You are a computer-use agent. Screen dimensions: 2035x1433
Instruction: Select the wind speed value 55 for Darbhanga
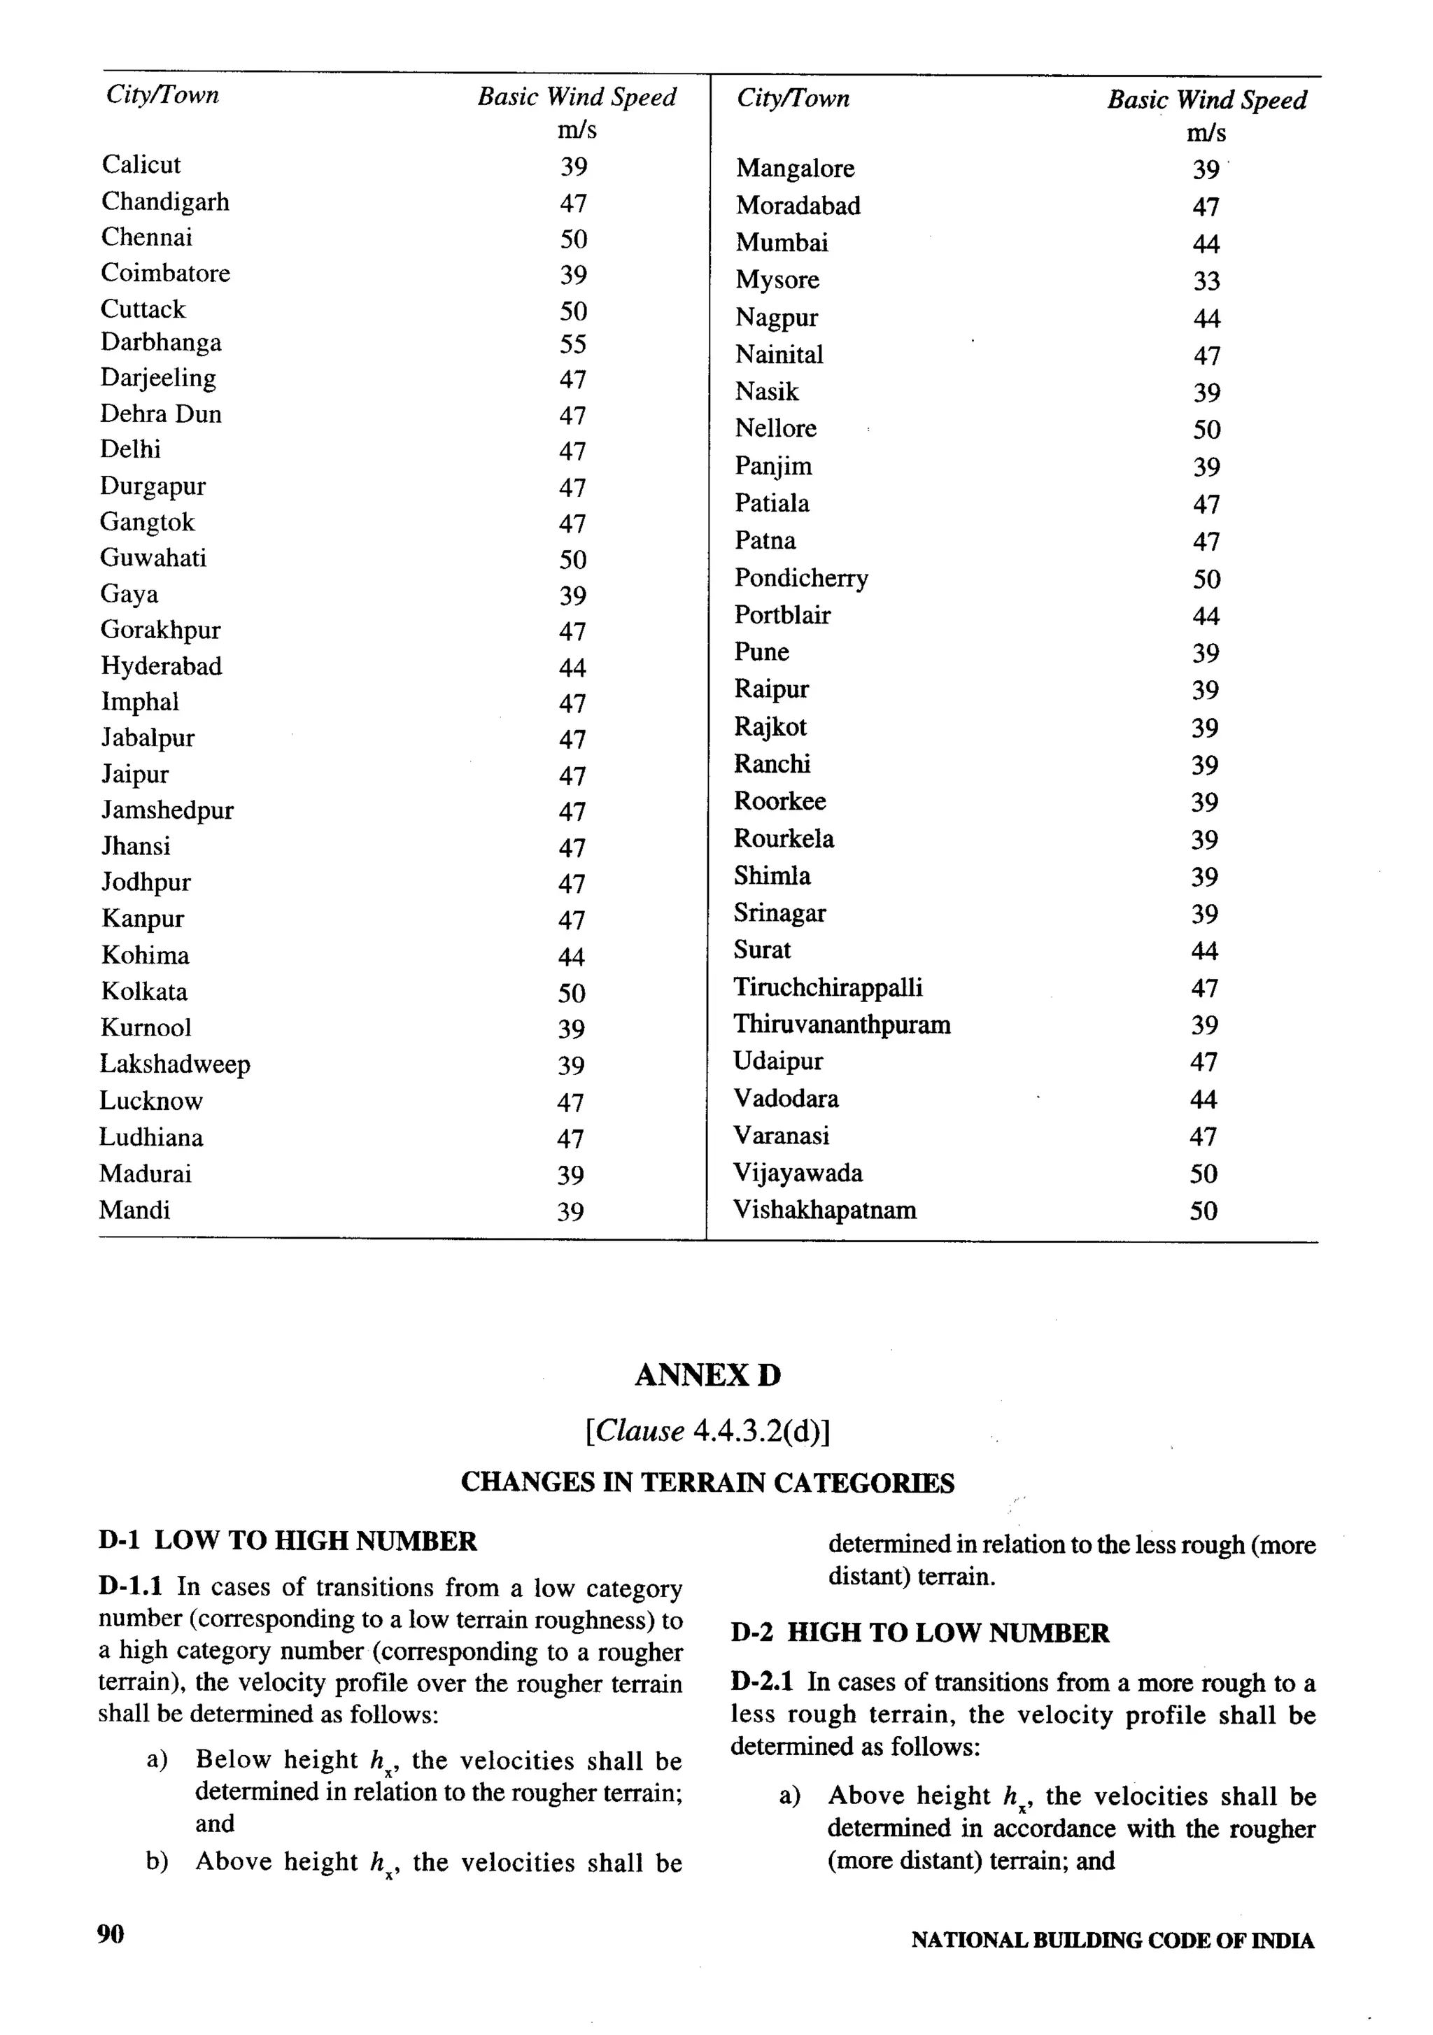pyautogui.click(x=572, y=344)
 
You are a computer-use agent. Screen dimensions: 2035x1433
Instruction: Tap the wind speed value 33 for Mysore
pyautogui.click(x=1206, y=281)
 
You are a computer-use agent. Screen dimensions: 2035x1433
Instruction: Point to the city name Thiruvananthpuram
pyautogui.click(x=841, y=1024)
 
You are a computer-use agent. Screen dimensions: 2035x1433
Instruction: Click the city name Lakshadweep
pyautogui.click(x=175, y=1064)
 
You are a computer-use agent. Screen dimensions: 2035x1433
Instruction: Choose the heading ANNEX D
pyautogui.click(x=707, y=1374)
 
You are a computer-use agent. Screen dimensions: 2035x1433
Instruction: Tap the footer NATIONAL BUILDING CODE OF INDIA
pyautogui.click(x=1113, y=1940)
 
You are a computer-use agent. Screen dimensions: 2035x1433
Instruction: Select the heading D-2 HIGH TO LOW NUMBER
pyautogui.click(x=920, y=1633)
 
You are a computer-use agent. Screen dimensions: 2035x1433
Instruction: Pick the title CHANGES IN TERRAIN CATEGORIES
pyautogui.click(x=707, y=1483)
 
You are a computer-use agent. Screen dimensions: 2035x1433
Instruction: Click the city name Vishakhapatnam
pyautogui.click(x=824, y=1210)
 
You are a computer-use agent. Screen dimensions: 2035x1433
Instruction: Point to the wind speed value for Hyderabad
pyautogui.click(x=572, y=668)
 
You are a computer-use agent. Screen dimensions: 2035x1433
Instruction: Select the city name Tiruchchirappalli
pyautogui.click(x=828, y=987)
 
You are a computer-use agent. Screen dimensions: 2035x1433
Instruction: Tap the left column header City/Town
pyautogui.click(x=162, y=95)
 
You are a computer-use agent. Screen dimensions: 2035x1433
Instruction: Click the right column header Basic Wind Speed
pyautogui.click(x=1206, y=100)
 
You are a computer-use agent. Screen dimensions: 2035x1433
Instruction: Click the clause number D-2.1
pyautogui.click(x=762, y=1682)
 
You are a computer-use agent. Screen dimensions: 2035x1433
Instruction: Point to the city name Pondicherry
pyautogui.click(x=800, y=578)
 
